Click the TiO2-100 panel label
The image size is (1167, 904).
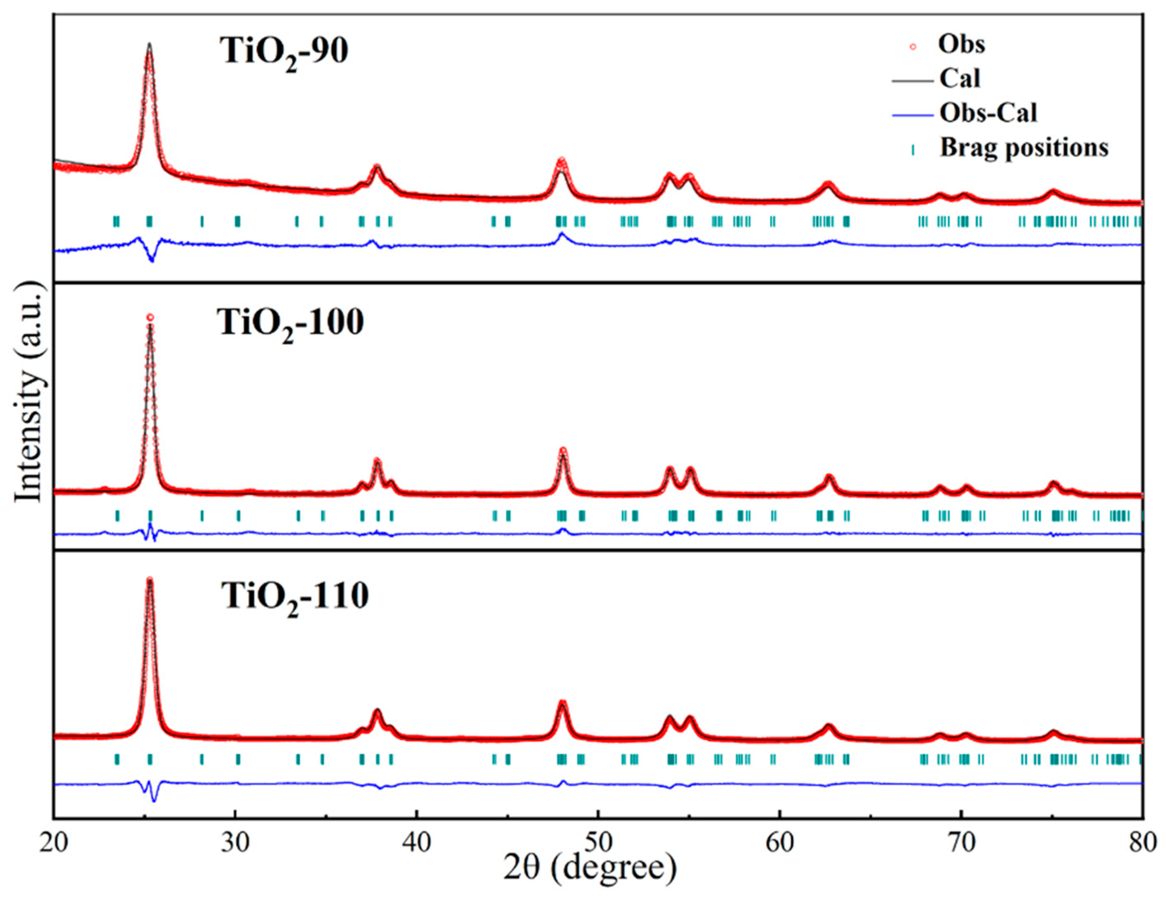pyautogui.click(x=290, y=324)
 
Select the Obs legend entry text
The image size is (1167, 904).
pyautogui.click(x=961, y=44)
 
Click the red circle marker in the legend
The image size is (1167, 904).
pyautogui.click(x=913, y=46)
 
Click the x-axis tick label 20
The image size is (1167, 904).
pyautogui.click(x=53, y=843)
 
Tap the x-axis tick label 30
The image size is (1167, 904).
pyautogui.click(x=235, y=843)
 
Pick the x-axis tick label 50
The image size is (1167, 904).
pyautogui.click(x=598, y=843)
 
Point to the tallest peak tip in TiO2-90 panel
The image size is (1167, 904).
pyautogui.click(x=150, y=44)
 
